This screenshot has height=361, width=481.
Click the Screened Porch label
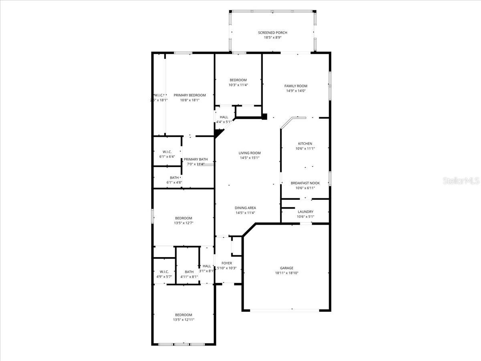273,32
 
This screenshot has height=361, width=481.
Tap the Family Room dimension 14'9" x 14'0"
296,91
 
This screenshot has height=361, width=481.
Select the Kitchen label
305,144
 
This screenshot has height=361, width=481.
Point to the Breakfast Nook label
305,183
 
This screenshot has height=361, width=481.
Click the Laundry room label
305,212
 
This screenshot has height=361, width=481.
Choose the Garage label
287,268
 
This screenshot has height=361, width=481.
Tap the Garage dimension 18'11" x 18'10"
287,273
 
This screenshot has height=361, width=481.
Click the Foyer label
226,263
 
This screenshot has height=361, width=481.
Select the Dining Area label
246,208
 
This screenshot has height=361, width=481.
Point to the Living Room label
250,153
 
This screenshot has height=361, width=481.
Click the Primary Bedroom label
190,95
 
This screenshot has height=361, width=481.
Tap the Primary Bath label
196,159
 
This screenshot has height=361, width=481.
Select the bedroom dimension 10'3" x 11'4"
238,85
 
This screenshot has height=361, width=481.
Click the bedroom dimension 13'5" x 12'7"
184,223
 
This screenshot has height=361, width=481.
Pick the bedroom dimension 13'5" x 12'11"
184,320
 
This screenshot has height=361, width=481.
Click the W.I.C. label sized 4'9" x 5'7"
164,272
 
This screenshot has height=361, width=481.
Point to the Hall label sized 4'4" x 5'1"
224,117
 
